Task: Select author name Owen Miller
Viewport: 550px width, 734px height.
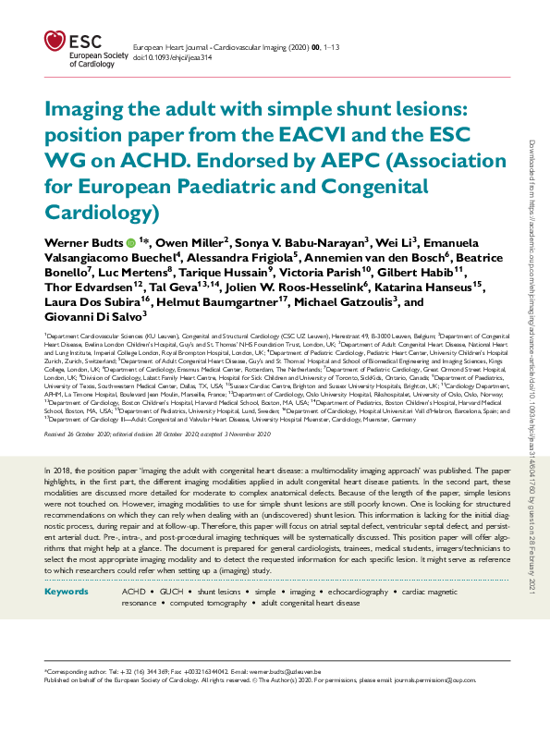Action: point(186,243)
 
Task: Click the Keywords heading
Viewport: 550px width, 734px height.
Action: point(66,590)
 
